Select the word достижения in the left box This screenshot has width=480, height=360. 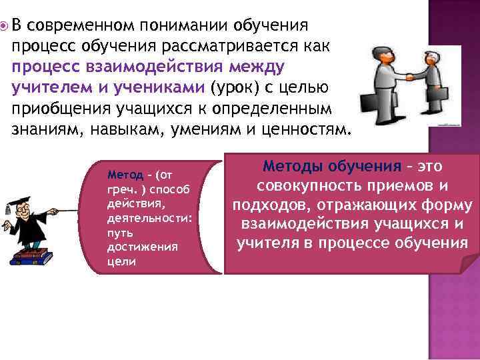tap(133, 247)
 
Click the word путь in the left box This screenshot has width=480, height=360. tap(117, 233)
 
